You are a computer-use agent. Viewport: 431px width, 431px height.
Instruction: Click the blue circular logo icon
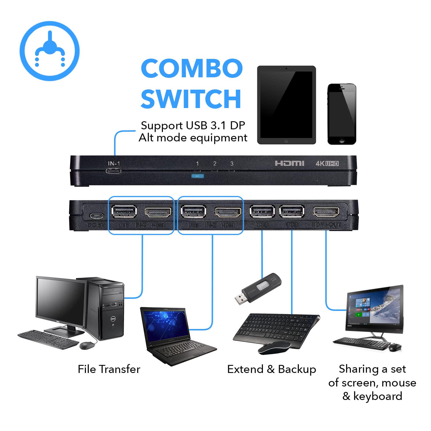(49, 51)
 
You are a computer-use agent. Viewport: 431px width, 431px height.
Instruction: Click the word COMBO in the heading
(192, 68)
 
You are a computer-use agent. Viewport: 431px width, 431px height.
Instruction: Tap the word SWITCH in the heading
(191, 99)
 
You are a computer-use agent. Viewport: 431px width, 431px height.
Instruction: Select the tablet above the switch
(286, 105)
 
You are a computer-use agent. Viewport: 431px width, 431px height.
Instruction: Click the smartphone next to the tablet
(342, 114)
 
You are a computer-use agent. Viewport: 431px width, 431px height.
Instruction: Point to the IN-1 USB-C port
(113, 171)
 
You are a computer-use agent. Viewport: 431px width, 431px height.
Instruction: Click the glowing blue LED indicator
(197, 176)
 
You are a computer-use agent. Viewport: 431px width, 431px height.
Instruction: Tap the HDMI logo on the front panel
(289, 163)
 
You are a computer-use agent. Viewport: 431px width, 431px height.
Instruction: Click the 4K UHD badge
(327, 163)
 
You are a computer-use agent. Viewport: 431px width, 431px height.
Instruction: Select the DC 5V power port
(96, 216)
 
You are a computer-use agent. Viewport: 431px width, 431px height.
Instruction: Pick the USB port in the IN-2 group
(193, 212)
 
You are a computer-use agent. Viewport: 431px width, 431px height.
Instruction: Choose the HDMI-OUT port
(326, 212)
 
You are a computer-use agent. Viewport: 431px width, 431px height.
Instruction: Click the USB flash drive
(258, 288)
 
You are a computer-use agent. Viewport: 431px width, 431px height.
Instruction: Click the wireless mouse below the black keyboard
(274, 348)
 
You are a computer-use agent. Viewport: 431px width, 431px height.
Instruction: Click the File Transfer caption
(109, 369)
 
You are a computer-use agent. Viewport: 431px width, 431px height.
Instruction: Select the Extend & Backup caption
(272, 369)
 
